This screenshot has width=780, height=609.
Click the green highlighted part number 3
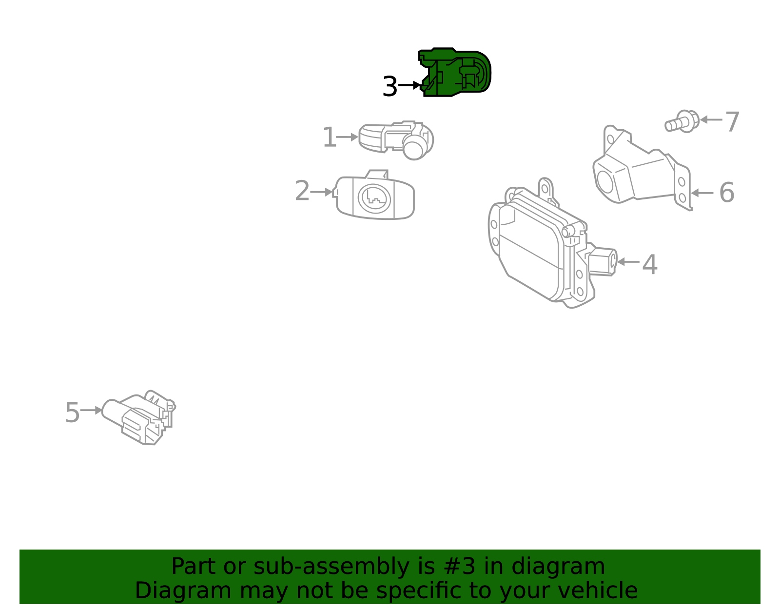(x=456, y=73)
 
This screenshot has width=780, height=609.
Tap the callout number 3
(x=390, y=87)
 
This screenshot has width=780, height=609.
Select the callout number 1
(x=330, y=138)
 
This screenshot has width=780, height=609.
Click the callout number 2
(x=302, y=191)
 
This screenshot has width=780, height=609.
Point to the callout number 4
(x=649, y=265)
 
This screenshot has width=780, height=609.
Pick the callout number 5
(x=72, y=413)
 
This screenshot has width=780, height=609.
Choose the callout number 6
(x=726, y=193)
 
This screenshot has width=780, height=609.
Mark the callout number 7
(x=732, y=121)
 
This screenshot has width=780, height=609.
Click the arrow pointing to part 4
(x=628, y=262)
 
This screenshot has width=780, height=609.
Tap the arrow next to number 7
(x=711, y=119)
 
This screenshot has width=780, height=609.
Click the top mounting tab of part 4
(x=546, y=187)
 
